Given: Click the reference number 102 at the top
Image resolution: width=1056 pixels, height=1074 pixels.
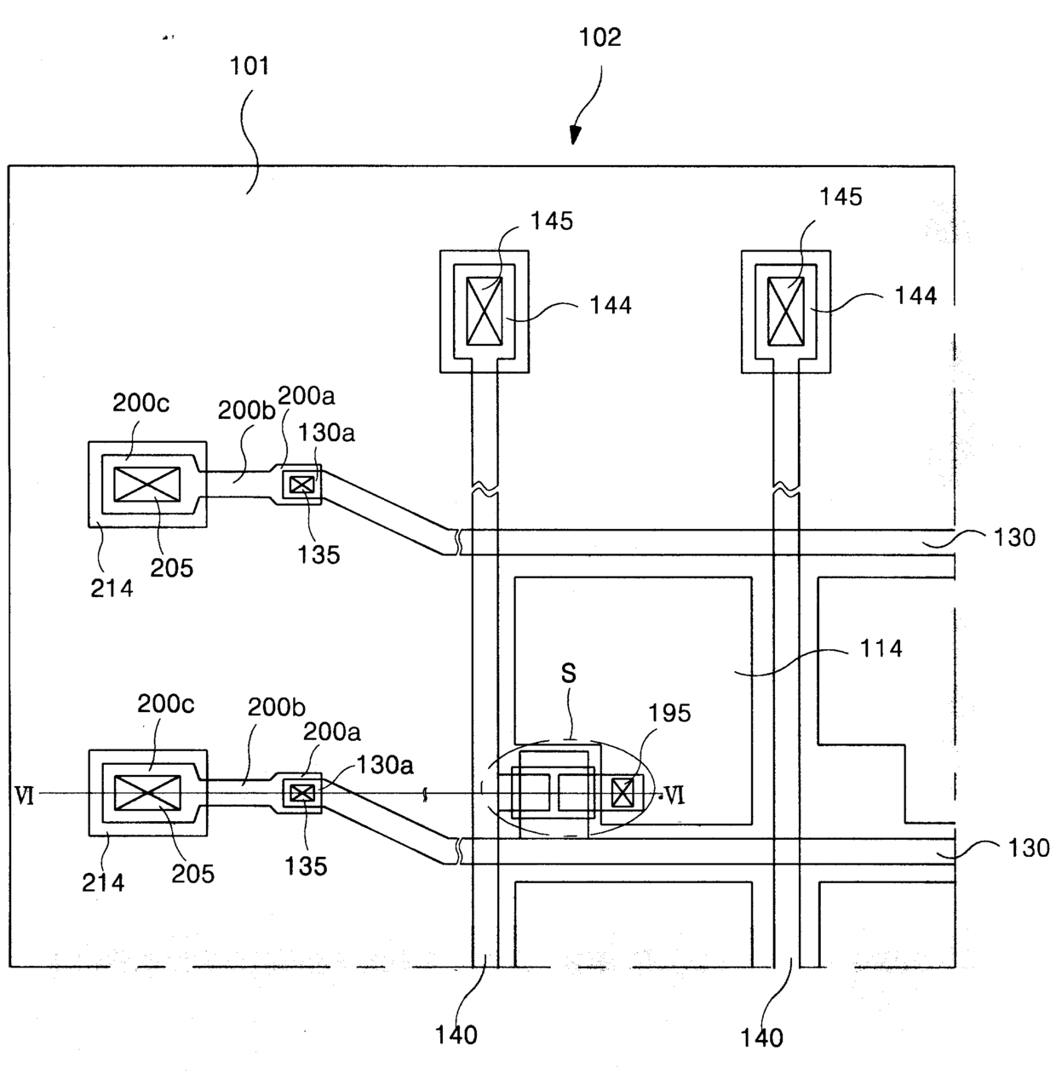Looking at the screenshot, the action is tap(600, 37).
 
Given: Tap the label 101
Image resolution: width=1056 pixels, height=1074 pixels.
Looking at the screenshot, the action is tap(250, 66).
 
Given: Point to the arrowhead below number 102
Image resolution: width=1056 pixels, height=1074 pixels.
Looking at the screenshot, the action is tap(575, 135).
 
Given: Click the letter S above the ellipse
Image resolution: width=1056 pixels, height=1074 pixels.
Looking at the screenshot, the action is tap(568, 673).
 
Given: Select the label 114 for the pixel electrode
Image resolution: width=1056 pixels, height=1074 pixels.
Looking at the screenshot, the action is tap(881, 649).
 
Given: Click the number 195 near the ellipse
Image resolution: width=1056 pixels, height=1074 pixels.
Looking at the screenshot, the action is tap(669, 713).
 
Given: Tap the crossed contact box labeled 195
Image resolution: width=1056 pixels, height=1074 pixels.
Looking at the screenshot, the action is tap(623, 792).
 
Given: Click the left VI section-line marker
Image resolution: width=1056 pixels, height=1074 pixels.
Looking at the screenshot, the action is tap(25, 796).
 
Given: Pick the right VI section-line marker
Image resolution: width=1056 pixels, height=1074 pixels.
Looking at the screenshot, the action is tap(674, 795).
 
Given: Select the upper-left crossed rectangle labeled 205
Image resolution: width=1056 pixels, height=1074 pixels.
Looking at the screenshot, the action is tap(146, 484).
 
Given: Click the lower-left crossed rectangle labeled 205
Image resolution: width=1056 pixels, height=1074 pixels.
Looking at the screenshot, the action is tap(147, 793).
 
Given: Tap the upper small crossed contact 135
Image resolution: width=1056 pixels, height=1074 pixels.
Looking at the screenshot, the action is tap(302, 485).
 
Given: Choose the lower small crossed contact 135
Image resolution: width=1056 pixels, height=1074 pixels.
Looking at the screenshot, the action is tap(302, 793).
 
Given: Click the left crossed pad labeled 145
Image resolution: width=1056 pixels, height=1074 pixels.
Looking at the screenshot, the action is tap(484, 311).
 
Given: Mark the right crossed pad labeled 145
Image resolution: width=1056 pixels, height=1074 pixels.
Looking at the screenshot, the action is tap(785, 312).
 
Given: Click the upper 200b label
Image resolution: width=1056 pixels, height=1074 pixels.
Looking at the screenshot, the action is tap(246, 411).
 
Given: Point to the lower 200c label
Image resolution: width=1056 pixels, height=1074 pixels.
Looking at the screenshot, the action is tap(165, 704).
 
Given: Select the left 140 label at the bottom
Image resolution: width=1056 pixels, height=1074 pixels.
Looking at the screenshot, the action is tap(456, 1036).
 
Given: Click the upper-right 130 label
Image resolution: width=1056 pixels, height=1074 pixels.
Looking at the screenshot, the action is tap(1014, 537).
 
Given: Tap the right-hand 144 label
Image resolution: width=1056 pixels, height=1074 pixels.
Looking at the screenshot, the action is tap(915, 296).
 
